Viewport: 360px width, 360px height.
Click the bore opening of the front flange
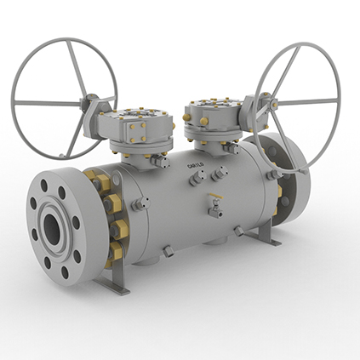click(54, 226)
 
